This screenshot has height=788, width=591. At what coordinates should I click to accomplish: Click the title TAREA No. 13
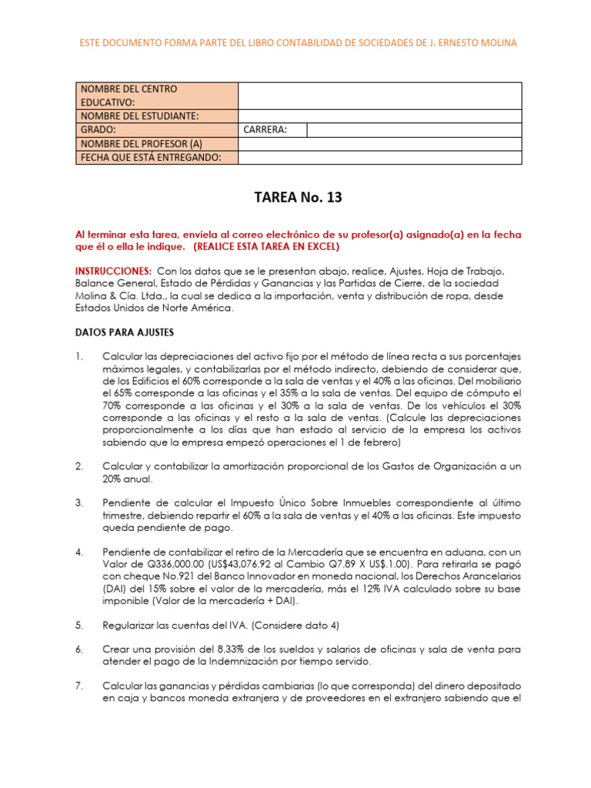coord(296,198)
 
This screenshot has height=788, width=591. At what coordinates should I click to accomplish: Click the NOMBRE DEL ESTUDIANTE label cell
coord(139,116)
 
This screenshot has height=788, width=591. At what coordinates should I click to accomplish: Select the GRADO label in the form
coord(98,129)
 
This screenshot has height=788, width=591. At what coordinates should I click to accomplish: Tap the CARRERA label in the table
coord(265,129)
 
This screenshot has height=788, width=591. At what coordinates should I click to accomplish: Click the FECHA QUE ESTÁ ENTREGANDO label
coord(150,158)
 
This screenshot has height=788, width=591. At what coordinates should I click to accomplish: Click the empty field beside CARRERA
coord(413,129)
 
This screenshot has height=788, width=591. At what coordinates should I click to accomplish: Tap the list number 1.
coord(78,357)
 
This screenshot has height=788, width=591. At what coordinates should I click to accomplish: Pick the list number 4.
coord(78,553)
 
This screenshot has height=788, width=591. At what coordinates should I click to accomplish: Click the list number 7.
coord(78,684)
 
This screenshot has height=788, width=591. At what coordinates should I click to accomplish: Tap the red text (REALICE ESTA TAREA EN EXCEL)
coord(265,247)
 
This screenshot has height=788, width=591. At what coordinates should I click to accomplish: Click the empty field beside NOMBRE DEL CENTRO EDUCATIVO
coord(380,95)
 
